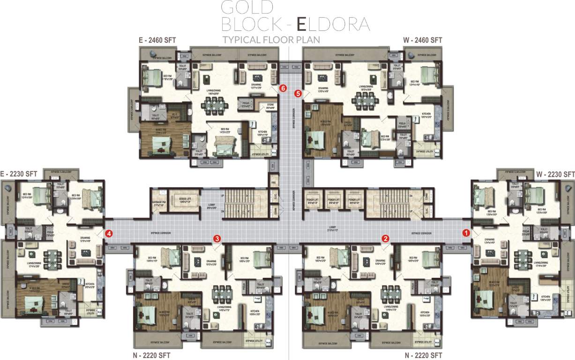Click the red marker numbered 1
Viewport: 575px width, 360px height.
(466, 232)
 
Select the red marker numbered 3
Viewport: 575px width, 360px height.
(217, 238)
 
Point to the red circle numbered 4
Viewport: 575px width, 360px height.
(108, 232)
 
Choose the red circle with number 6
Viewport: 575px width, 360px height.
(282, 88)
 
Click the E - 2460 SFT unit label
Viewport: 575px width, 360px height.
(157, 40)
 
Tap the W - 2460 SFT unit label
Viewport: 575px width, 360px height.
(423, 40)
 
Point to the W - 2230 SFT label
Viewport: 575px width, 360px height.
(555, 174)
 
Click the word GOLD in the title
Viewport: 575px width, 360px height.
(247, 7)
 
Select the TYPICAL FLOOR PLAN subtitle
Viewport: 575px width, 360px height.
(271, 40)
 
